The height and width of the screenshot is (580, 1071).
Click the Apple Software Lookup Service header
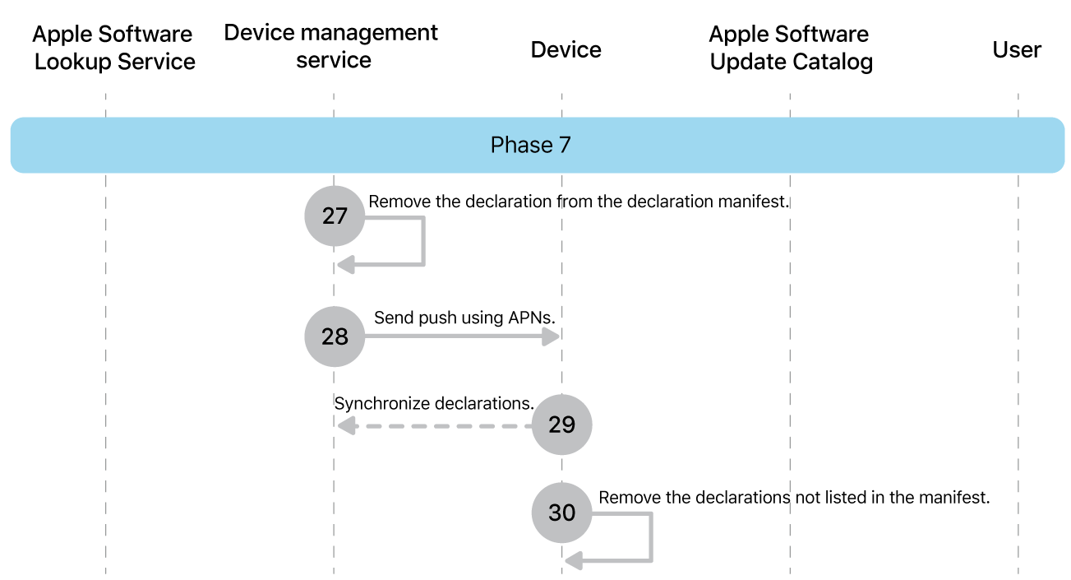coord(114,48)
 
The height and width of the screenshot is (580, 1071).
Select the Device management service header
coord(331,46)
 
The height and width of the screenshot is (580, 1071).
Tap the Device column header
coord(566,49)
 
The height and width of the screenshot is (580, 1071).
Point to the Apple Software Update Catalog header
coord(790,48)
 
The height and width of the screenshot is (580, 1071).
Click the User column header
coord(1017,49)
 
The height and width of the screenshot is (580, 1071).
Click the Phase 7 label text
coord(530,145)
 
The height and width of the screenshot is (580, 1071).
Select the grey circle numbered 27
coord(335,216)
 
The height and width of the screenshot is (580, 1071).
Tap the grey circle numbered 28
coord(335,336)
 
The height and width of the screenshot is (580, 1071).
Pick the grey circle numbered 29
coord(561,425)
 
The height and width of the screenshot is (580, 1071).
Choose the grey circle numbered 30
coord(561,513)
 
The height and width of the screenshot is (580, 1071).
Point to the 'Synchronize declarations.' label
coord(434,403)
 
